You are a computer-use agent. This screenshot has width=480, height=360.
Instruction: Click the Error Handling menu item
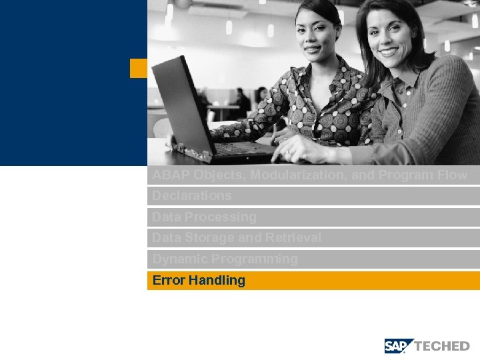click(x=199, y=281)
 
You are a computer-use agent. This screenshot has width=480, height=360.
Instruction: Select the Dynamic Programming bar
click(x=225, y=259)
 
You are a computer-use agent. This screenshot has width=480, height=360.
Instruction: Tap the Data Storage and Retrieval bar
click(x=236, y=238)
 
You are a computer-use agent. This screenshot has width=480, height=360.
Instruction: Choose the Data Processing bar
click(x=204, y=217)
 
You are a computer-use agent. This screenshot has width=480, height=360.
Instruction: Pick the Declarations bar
click(x=192, y=196)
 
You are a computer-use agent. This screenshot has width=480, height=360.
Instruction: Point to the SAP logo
click(x=399, y=346)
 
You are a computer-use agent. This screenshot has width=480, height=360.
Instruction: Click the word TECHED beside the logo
click(x=442, y=346)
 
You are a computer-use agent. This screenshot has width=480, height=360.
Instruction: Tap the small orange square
click(x=138, y=68)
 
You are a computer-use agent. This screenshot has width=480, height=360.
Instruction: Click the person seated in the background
click(x=241, y=101)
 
